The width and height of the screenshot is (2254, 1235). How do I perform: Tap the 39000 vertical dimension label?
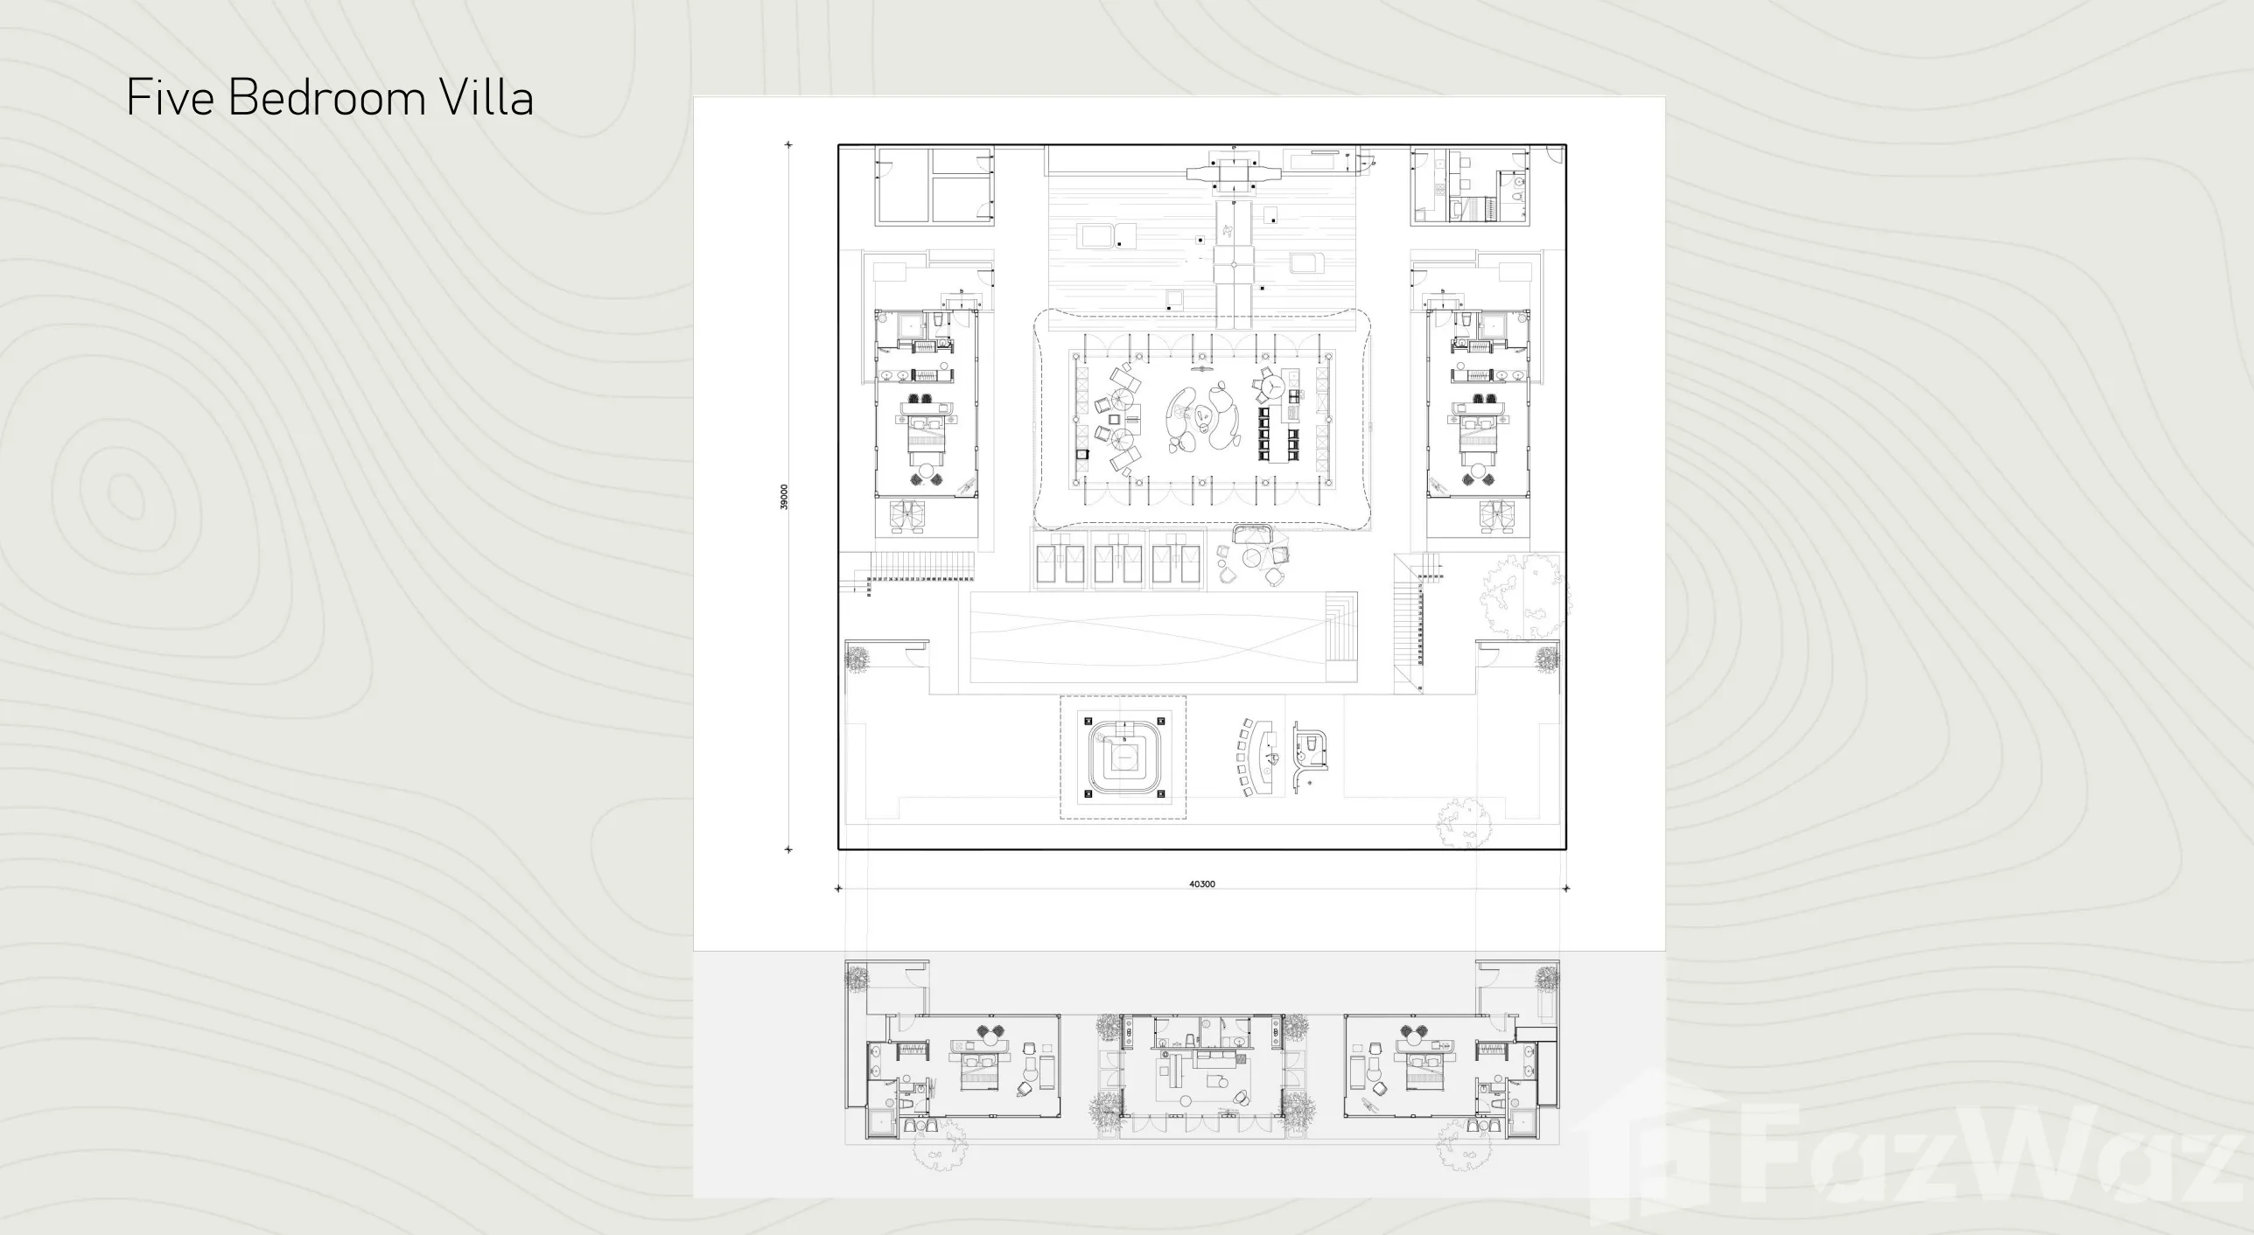785,497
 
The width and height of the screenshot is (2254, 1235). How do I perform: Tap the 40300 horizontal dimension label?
1201,884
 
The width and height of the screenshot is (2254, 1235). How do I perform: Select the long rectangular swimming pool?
1164,637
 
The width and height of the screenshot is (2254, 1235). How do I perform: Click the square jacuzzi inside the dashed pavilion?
1124,757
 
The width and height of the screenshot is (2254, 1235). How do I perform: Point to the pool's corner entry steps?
1340,637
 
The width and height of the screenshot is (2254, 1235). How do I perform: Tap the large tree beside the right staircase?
1525,595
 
